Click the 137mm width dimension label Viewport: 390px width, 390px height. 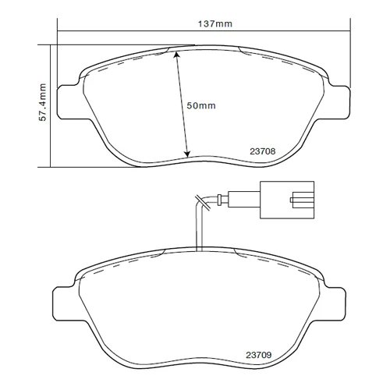[215, 24]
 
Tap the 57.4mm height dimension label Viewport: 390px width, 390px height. [42, 102]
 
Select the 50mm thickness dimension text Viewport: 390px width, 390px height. [201, 105]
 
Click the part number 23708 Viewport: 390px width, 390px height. [263, 151]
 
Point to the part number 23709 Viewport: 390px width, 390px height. [259, 355]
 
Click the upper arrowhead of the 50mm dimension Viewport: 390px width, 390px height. [176, 54]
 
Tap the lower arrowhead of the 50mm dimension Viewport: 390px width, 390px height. [187, 154]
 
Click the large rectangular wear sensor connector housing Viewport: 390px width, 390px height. [287, 200]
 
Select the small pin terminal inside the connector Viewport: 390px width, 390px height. [292, 200]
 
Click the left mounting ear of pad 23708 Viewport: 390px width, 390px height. [68, 102]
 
